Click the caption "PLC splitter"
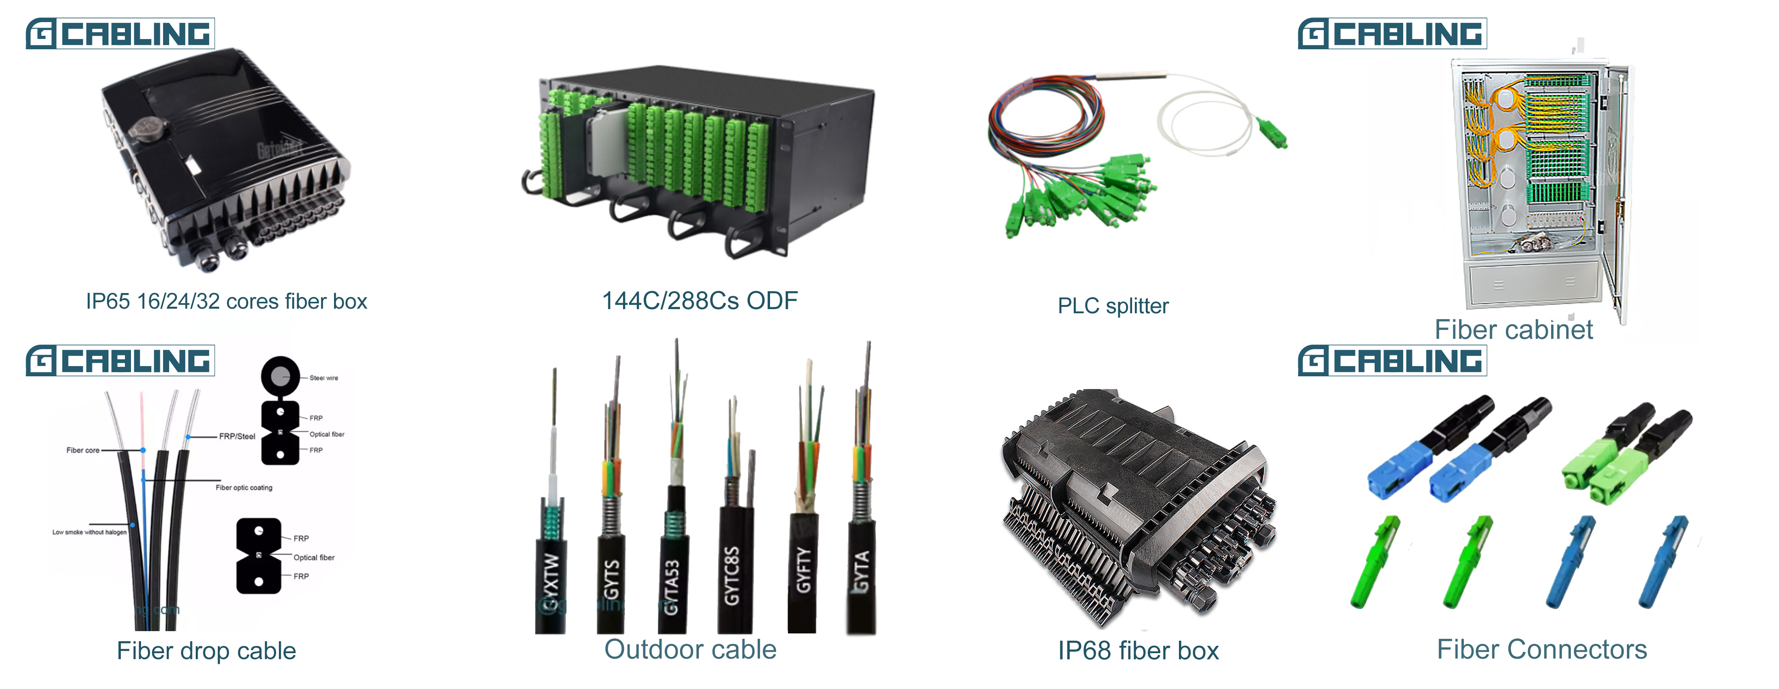1113,306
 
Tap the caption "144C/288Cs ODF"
700,301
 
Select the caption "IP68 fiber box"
1138,650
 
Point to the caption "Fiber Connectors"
1541,649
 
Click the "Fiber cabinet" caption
1513,329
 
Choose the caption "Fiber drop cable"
206,650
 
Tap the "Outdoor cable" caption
690,649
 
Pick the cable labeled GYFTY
803,570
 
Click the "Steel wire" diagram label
323,378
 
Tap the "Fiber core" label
83,450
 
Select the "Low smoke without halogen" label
89,532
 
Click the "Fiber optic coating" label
244,487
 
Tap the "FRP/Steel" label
237,436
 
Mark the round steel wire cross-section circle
280,376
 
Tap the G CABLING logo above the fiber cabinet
1392,33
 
